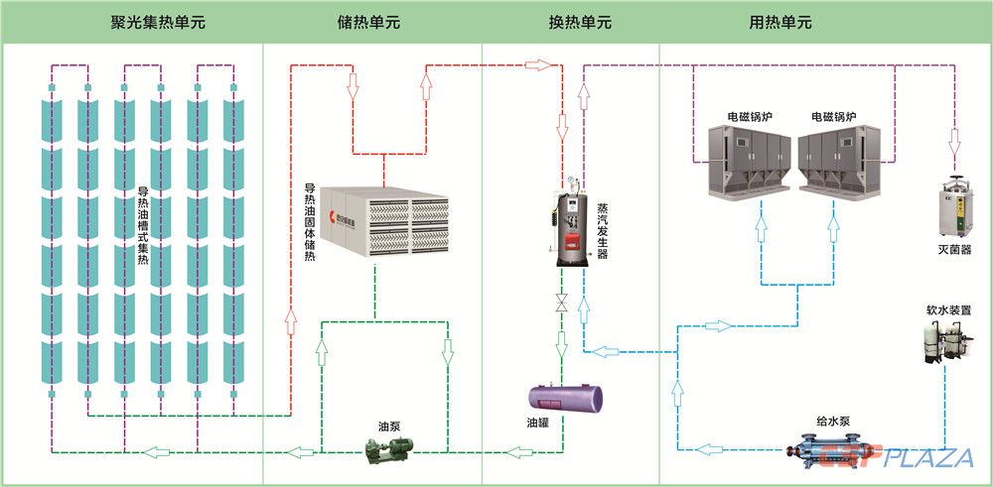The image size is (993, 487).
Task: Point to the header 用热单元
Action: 780,22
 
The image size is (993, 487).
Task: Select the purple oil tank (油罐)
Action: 567,396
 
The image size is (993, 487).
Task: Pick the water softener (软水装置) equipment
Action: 945,341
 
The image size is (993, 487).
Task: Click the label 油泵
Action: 389,427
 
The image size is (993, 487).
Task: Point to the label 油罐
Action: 537,422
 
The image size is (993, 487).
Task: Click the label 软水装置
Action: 948,309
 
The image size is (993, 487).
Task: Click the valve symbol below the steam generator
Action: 561,302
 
